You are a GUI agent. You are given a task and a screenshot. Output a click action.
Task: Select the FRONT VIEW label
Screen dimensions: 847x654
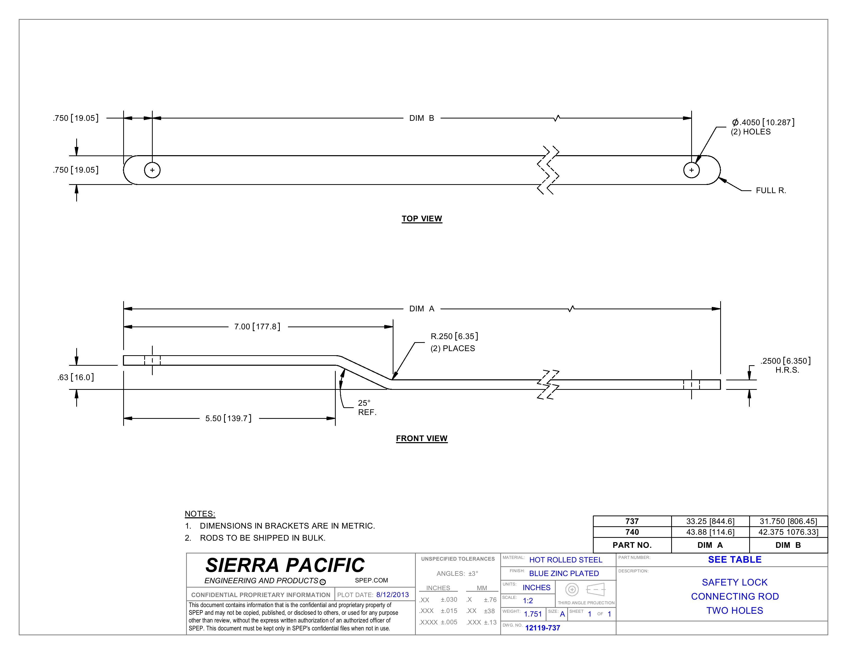click(x=421, y=439)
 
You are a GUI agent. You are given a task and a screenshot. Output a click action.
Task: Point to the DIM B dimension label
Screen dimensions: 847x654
click(x=421, y=118)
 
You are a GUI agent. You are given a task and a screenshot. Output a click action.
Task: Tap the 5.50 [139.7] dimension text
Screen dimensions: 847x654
click(x=228, y=419)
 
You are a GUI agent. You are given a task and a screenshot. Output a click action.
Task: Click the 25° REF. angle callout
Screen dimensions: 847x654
click(x=367, y=408)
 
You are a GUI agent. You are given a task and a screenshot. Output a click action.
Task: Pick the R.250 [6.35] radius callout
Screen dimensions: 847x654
click(x=454, y=336)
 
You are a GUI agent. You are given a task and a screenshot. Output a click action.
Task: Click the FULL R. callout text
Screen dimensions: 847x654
click(x=771, y=191)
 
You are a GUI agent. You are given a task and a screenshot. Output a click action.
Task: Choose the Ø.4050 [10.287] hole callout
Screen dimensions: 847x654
click(x=763, y=122)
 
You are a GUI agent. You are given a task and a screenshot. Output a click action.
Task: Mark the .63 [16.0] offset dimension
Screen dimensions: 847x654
click(x=76, y=377)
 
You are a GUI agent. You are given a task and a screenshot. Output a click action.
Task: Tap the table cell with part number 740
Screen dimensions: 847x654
click(x=632, y=532)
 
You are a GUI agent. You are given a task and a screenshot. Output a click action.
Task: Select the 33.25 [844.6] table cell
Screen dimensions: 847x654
click(x=710, y=521)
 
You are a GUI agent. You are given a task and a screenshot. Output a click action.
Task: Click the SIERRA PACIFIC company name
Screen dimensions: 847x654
click(x=285, y=565)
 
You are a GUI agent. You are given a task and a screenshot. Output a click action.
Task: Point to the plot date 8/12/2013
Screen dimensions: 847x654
click(x=392, y=595)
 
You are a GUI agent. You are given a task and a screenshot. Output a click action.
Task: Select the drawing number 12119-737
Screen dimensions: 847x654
click(x=543, y=628)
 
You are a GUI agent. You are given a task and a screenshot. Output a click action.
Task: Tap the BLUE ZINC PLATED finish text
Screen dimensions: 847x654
click(x=564, y=573)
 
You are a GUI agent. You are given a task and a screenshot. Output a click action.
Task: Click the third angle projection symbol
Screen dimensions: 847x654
click(x=586, y=590)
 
